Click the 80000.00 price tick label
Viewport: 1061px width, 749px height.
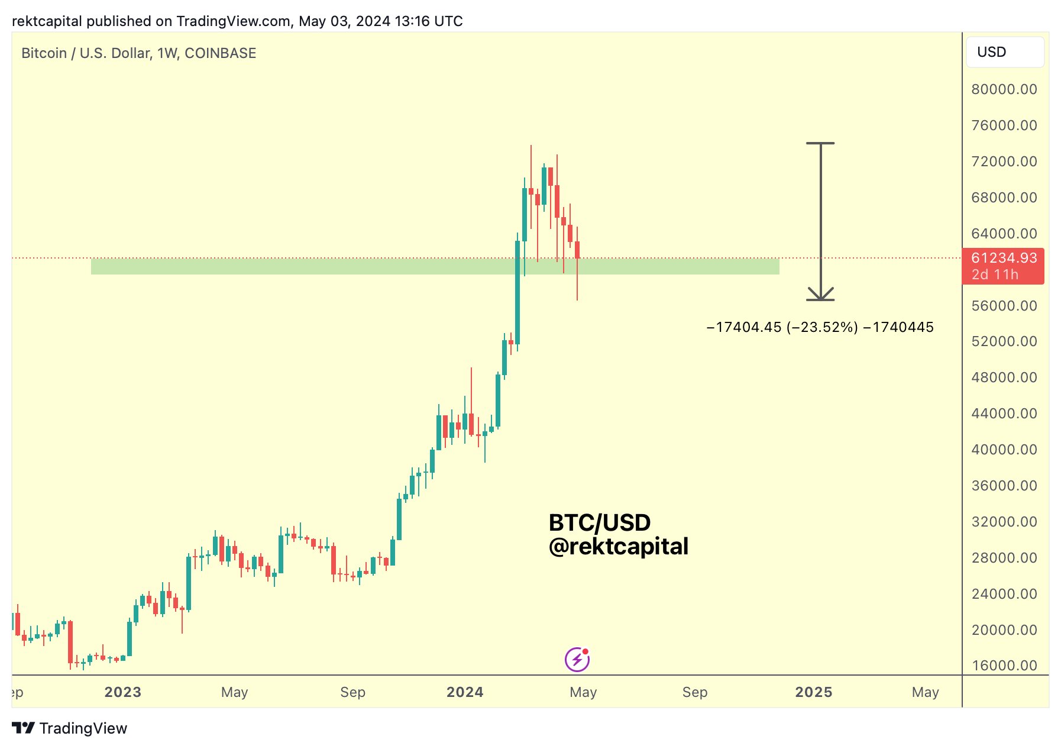pos(1004,89)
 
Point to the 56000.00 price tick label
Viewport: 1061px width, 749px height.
pos(1004,306)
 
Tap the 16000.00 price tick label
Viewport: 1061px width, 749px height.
pos(1004,666)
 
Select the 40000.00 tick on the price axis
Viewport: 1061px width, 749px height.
pos(1004,450)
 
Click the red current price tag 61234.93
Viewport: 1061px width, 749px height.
pos(1004,259)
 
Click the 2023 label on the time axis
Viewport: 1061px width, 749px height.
pos(123,692)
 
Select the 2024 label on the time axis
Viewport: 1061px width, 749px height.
pos(465,692)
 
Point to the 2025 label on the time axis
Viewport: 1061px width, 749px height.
pos(813,692)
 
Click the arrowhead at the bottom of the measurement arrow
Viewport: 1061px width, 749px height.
pos(820,295)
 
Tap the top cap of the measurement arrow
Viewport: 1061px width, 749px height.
pos(820,143)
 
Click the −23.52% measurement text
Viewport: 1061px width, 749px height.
pos(822,327)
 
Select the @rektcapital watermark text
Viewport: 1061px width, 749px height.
pos(619,547)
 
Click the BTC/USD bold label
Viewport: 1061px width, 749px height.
pos(600,522)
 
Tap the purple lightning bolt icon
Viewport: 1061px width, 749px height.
pos(577,660)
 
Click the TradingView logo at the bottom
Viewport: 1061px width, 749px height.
pos(70,728)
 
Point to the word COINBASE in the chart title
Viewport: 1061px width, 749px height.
pos(220,53)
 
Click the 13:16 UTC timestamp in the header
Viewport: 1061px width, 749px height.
pos(429,21)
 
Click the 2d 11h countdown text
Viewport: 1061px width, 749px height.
pos(995,275)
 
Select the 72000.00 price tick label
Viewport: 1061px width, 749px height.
pos(1004,162)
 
